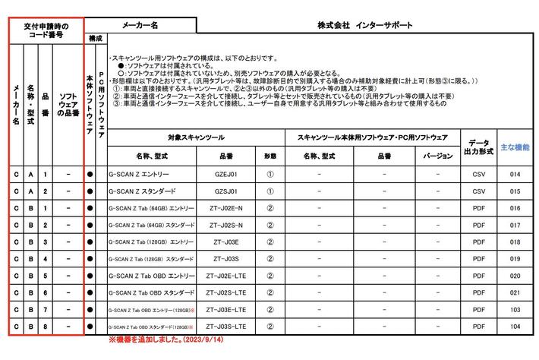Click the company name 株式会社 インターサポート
366,25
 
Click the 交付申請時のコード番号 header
46,30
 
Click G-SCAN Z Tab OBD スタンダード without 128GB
152,292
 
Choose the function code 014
515,175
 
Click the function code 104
515,327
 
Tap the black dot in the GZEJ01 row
90,175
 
